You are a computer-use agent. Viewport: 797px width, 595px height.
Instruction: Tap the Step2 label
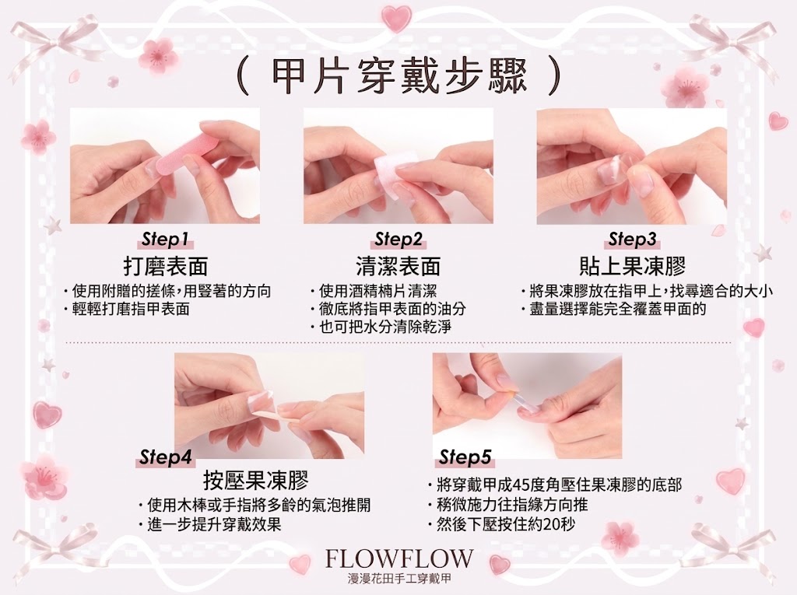[398, 240]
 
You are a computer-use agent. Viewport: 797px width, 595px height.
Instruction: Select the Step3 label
[632, 240]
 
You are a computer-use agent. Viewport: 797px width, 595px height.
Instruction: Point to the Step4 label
[165, 457]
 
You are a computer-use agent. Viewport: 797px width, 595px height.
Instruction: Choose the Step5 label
[465, 457]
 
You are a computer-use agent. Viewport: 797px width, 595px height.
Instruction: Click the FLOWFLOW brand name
[399, 559]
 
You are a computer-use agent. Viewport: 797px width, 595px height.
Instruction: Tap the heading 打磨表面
[166, 266]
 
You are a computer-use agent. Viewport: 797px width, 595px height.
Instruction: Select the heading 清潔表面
[398, 266]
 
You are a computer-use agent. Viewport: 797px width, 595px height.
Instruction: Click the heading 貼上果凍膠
[632, 266]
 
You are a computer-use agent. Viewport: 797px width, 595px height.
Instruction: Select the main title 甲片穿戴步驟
[399, 77]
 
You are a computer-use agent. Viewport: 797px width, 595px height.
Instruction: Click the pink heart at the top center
[396, 19]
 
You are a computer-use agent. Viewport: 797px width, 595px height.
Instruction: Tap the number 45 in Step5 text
[523, 485]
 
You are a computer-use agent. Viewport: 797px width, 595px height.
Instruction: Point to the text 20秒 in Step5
[559, 524]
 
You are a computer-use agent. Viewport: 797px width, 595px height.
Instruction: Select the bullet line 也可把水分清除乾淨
[384, 327]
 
